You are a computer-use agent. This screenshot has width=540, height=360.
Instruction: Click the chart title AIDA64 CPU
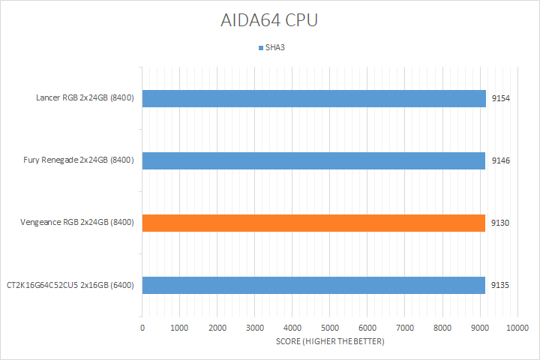pyautogui.click(x=269, y=21)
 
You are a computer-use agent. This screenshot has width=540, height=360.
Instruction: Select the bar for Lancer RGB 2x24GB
pyautogui.click(x=313, y=98)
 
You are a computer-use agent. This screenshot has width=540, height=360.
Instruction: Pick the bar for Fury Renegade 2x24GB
pyautogui.click(x=313, y=160)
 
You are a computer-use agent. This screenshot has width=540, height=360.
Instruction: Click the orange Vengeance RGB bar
pyautogui.click(x=313, y=223)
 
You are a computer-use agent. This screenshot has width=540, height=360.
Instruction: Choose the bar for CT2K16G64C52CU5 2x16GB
pyautogui.click(x=313, y=285)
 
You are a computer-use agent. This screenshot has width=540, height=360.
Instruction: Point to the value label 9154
pyautogui.click(x=501, y=98)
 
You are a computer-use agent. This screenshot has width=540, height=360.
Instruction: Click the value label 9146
pyautogui.click(x=501, y=160)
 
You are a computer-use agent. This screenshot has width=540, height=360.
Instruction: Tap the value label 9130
pyautogui.click(x=501, y=223)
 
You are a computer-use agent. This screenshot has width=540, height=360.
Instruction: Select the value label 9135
pyautogui.click(x=501, y=285)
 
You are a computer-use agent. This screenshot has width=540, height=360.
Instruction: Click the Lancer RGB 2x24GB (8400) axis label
pyautogui.click(x=85, y=98)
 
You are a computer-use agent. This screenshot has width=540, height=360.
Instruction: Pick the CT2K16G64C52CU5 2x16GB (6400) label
pyautogui.click(x=70, y=285)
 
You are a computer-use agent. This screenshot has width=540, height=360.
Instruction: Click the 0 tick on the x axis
pyautogui.click(x=142, y=328)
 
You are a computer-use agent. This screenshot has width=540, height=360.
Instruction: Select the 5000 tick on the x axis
pyautogui.click(x=330, y=328)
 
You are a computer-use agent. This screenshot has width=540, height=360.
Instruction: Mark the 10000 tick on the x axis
pyautogui.click(x=517, y=328)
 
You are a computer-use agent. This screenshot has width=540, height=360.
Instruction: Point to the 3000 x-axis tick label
pyautogui.click(x=255, y=328)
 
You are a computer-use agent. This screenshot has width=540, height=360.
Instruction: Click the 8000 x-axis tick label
pyautogui.click(x=442, y=328)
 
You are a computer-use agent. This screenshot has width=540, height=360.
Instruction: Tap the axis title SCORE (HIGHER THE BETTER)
pyautogui.click(x=329, y=342)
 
